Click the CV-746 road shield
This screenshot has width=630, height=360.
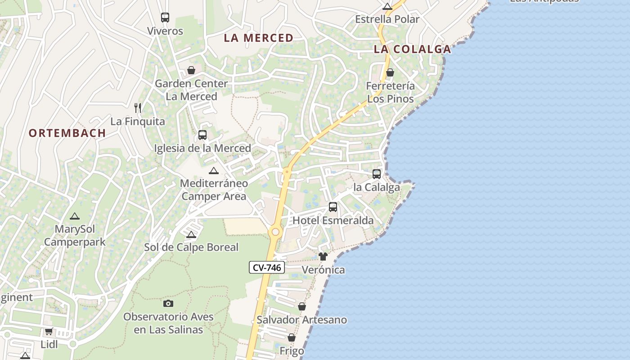267,267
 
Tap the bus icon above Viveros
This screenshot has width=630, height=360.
165,18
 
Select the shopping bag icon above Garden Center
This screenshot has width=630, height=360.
191,70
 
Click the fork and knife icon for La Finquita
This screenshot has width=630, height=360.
138,108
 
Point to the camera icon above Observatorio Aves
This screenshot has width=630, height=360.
168,303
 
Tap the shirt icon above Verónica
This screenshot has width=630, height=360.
323,256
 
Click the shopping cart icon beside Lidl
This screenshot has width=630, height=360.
49,332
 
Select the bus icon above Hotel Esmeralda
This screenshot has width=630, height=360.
333,207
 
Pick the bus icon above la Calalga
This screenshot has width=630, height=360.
377,174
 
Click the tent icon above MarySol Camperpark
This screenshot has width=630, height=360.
75,216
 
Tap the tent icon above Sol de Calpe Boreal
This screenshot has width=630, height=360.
191,234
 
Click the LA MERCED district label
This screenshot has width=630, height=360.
259,38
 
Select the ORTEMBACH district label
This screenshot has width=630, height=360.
67,133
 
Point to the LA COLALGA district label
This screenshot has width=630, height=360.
412,49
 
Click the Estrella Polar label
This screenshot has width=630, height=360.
387,19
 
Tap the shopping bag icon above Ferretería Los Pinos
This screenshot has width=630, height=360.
390,72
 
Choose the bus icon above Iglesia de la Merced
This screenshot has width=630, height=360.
202,135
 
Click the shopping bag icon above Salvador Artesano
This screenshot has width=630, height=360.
302,306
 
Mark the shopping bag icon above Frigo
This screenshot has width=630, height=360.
292,337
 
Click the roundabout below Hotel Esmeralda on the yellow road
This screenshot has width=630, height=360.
275,232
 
